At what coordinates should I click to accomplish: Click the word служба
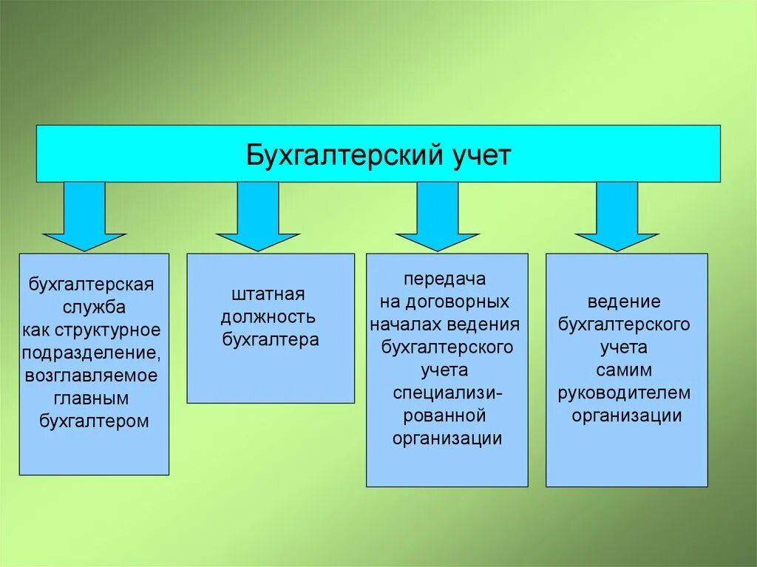94,307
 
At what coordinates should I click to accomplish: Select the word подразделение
92,352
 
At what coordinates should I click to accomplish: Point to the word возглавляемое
92,375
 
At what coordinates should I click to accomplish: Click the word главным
92,398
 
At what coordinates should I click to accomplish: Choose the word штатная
268,294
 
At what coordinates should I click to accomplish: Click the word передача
444,279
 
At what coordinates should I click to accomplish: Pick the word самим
625,369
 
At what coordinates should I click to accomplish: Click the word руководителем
625,392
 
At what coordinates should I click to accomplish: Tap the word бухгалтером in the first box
94,421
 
